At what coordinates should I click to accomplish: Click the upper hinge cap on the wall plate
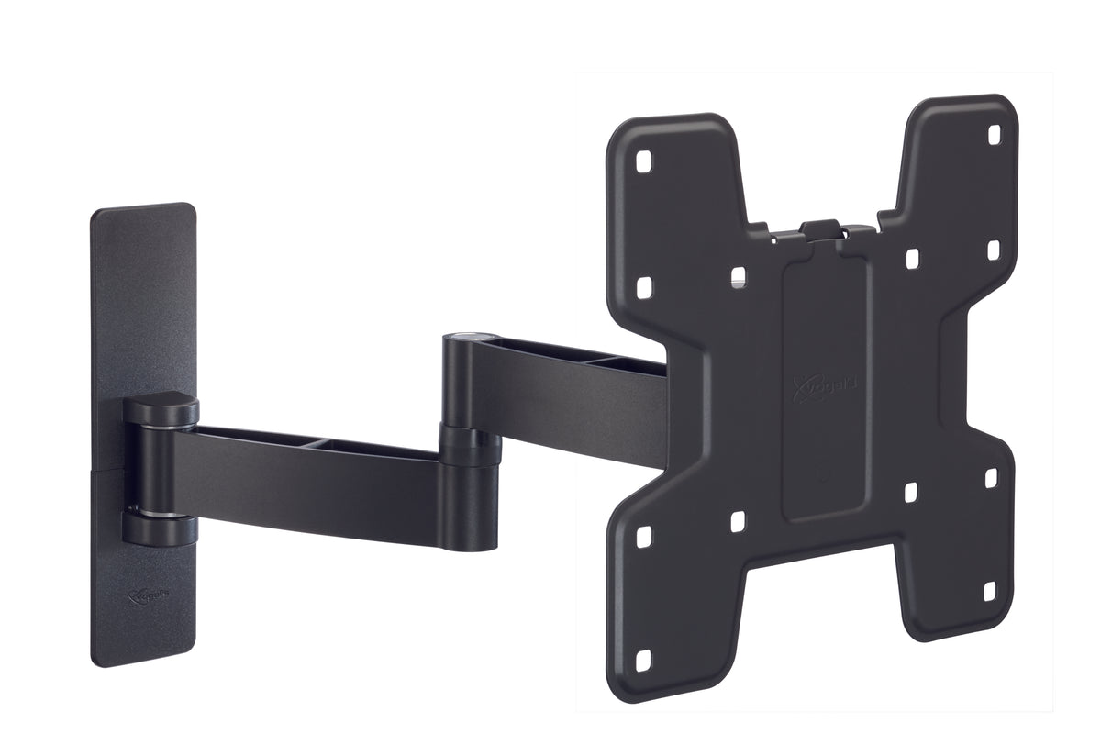click(160, 407)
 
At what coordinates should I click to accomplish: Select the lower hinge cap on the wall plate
click(160, 528)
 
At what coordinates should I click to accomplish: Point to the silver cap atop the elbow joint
click(466, 339)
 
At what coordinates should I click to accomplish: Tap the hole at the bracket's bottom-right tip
click(991, 592)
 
